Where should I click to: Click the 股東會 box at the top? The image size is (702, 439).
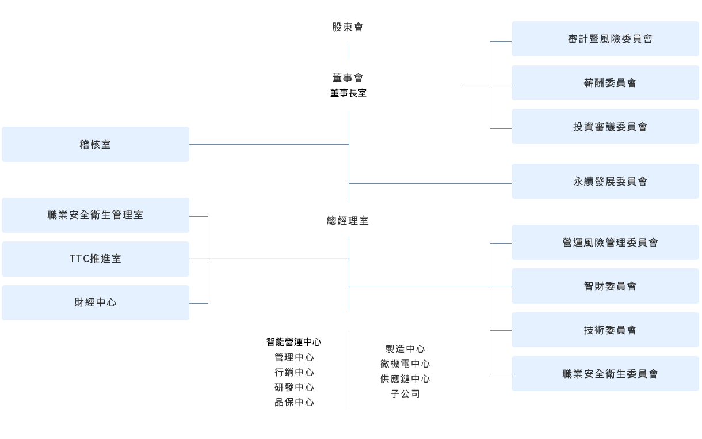pos(348,27)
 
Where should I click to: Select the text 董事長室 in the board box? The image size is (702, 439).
pos(348,92)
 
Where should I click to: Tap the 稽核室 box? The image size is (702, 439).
pos(95,145)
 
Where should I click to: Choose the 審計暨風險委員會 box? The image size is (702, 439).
pos(605,39)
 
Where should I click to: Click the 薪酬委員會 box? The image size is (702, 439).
pos(605,83)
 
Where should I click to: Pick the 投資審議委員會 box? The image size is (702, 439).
pos(605,127)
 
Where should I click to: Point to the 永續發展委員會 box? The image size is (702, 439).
pos(605,181)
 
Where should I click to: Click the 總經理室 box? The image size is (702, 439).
pos(348,220)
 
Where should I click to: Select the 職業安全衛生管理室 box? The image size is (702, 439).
pos(95,215)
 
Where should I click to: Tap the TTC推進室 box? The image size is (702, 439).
pos(95,259)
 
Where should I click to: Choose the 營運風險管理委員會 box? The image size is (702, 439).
pos(605,243)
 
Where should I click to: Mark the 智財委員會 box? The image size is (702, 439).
pos(605,286)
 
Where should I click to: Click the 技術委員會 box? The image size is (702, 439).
pos(605,330)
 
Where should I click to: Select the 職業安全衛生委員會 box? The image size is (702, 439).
pos(605,374)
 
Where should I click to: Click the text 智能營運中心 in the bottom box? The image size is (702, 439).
pos(293,342)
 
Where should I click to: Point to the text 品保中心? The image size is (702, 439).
pos(293,403)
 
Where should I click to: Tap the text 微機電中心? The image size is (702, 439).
pos(405,364)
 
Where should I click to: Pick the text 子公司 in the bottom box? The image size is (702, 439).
pos(405,394)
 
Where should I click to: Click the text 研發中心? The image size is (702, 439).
pos(293,388)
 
